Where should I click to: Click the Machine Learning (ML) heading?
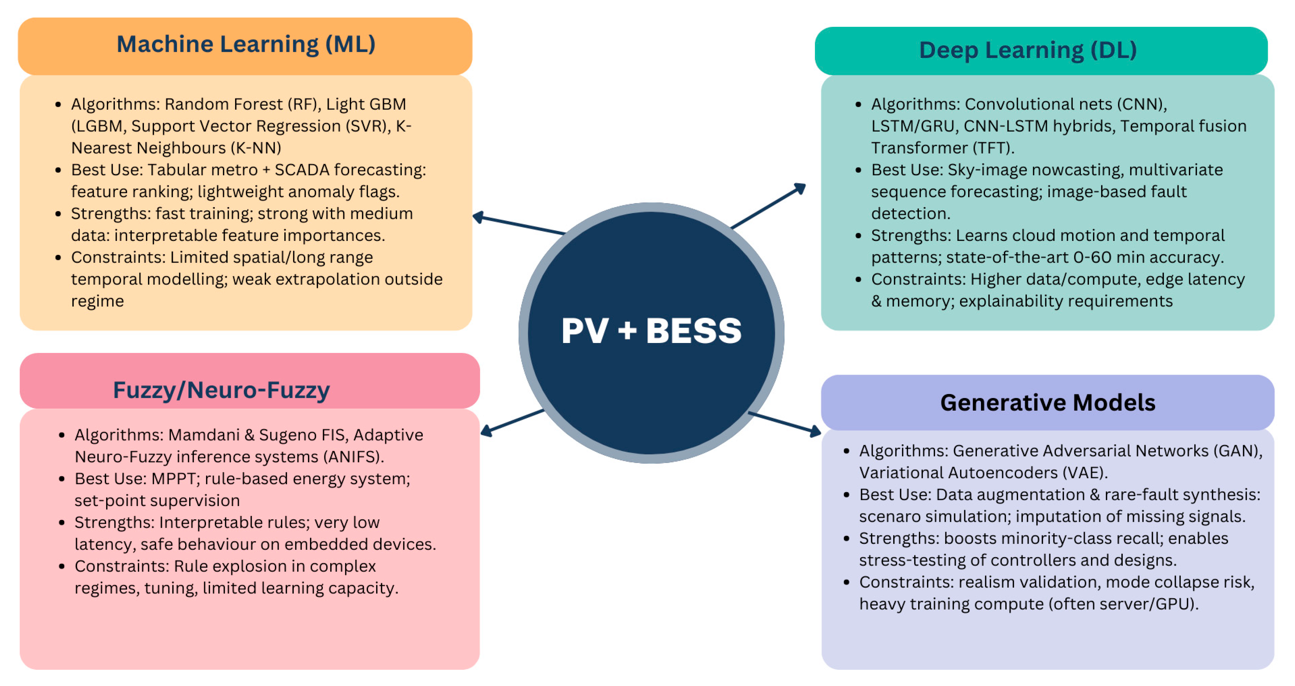point(246,44)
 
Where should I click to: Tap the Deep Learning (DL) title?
point(1028,50)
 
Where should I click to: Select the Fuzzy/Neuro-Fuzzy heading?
point(221,390)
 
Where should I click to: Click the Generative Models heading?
point(1048,402)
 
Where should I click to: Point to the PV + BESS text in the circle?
point(651,331)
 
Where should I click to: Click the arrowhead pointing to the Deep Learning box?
point(800,188)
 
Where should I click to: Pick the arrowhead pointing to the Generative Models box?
point(815,431)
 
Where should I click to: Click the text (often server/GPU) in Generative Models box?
point(1123,604)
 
